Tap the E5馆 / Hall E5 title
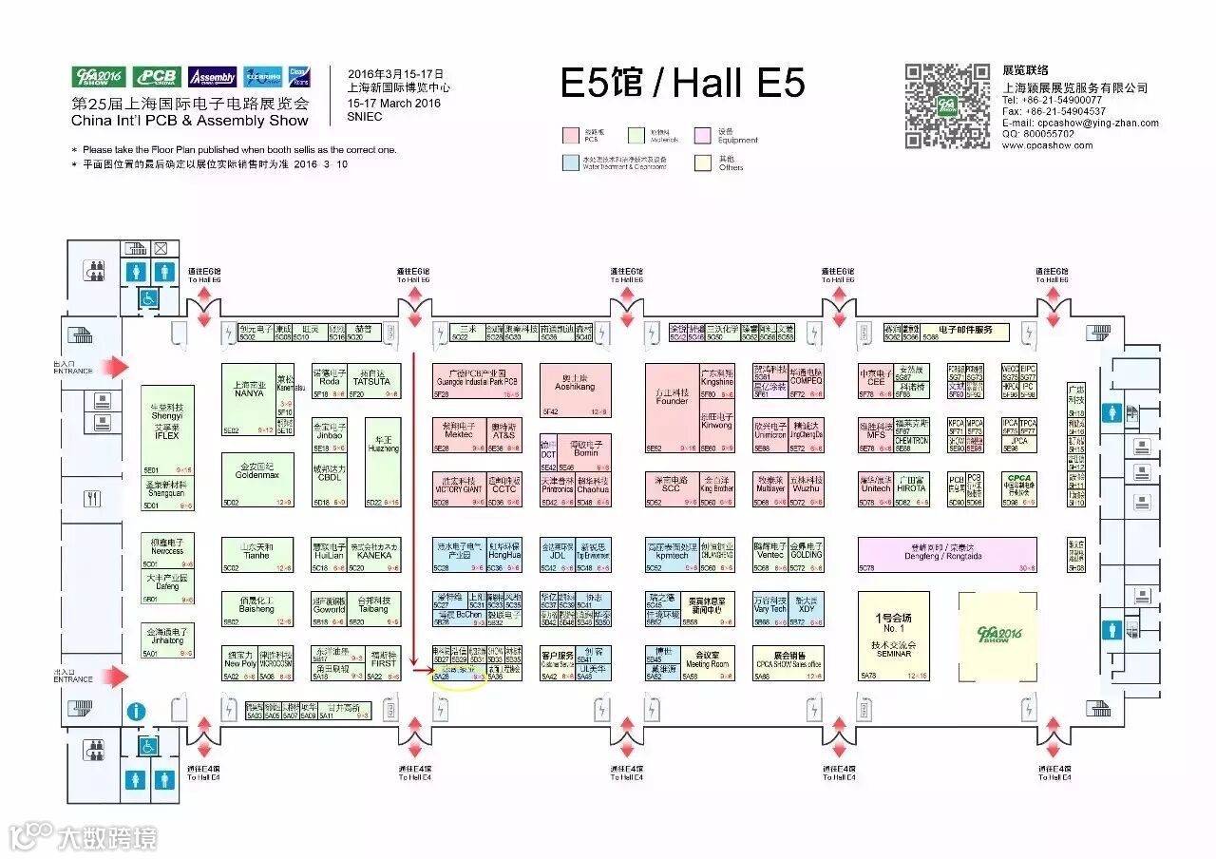click(x=682, y=84)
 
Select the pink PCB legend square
click(x=570, y=135)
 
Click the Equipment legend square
click(x=703, y=135)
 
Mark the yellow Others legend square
click(x=703, y=162)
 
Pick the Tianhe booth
click(x=257, y=556)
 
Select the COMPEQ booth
click(x=806, y=380)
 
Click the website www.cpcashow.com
click(x=1047, y=145)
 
